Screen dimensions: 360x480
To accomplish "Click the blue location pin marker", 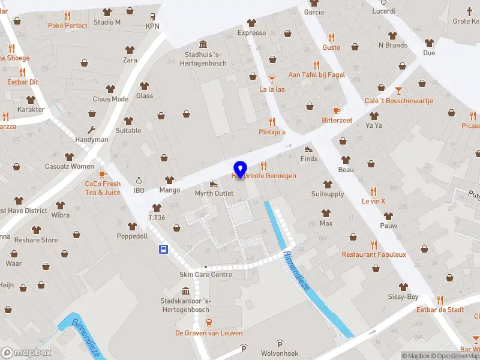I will point(240,169).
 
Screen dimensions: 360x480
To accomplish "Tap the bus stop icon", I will point(163,249).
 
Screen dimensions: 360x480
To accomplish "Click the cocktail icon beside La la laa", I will point(272,79).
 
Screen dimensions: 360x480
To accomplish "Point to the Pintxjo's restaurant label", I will point(272,131).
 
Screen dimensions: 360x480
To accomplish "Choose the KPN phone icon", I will point(152,16).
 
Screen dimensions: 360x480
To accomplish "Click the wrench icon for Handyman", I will point(92,130).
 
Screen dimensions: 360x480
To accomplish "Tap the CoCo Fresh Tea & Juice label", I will point(103,188).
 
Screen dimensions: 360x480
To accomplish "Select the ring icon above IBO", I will point(139,180).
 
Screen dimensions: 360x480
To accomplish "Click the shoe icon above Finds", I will point(308,149).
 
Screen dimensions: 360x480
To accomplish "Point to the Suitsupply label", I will point(328,194).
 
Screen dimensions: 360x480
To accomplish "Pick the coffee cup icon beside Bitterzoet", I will point(336,110).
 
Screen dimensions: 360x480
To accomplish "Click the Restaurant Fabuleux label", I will point(374,254).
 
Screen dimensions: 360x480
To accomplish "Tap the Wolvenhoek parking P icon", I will point(280,343).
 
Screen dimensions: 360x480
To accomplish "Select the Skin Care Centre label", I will point(205,274).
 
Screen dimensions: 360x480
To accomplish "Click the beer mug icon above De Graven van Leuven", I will point(209,323).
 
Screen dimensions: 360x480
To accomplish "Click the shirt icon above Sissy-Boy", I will point(403,287).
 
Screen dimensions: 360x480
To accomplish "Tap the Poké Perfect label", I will point(67,25).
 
